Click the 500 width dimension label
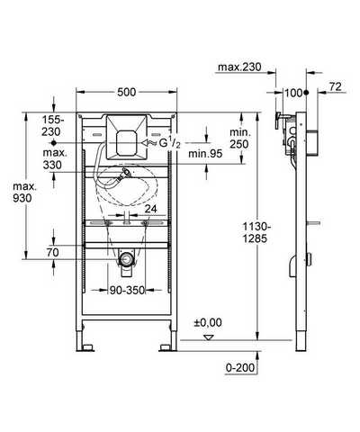(x=126, y=92)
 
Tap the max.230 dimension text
(x=239, y=67)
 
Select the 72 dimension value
(x=335, y=86)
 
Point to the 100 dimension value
(x=293, y=93)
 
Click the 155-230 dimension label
(x=53, y=126)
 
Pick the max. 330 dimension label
(x=54, y=158)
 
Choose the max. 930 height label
(x=24, y=193)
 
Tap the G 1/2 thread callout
(x=169, y=143)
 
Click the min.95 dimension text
(x=205, y=154)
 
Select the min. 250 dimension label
(x=238, y=139)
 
